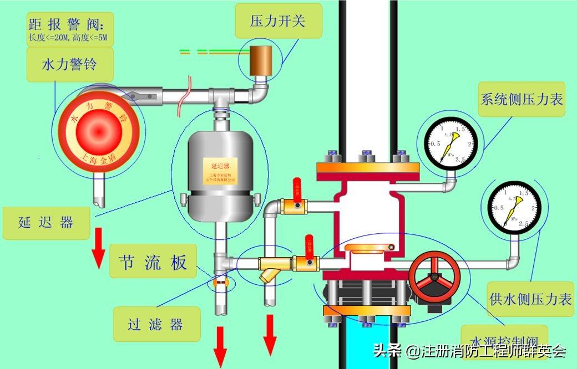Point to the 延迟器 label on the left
[x=45, y=223]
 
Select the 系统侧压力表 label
[x=521, y=99]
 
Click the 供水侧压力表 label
[x=530, y=300]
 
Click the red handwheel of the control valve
[x=434, y=275]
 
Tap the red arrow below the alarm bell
[x=98, y=247]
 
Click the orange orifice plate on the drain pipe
[x=221, y=282]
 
